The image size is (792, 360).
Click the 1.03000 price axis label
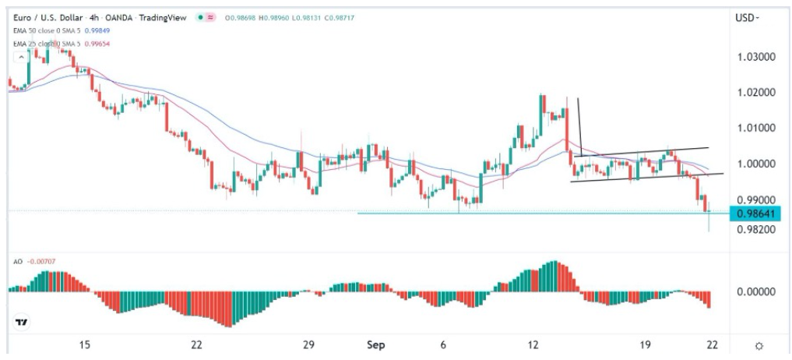[x=754, y=58]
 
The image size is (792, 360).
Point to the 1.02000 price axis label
[x=754, y=93]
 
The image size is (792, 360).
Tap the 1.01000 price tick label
[x=754, y=128]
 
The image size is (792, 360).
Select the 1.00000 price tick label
[x=754, y=164]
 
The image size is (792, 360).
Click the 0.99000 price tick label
[x=754, y=199]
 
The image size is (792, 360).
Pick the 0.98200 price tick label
[x=754, y=230]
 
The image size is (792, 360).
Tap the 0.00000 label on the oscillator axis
[x=754, y=292]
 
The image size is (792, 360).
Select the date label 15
[x=85, y=345]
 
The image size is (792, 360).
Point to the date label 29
[x=308, y=345]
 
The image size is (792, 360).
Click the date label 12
[x=533, y=345]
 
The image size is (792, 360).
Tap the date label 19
[x=645, y=345]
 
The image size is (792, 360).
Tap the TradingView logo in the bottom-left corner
[x=22, y=322]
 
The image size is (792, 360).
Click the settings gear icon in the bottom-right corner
[x=759, y=345]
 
